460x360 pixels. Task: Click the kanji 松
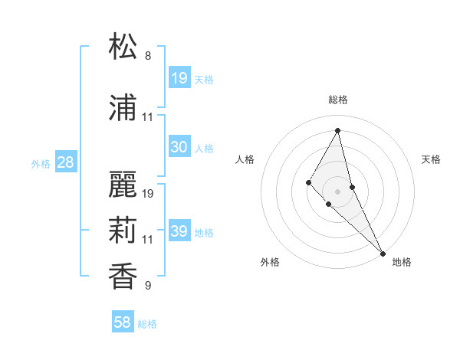point(124,47)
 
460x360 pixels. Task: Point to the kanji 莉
point(124,231)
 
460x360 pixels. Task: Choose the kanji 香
point(124,277)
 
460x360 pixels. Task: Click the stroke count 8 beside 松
point(147,56)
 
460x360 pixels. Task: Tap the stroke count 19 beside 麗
point(149,194)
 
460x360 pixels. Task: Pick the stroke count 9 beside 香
point(147,286)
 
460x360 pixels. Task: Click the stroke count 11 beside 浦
point(148,117)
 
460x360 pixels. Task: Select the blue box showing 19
point(179,77)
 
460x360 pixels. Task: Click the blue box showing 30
point(179,147)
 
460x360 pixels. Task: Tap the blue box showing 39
point(179,231)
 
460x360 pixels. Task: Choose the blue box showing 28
point(65,162)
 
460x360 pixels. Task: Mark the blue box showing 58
point(123,322)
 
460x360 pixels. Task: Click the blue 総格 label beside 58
point(147,324)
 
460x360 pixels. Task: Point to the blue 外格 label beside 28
point(40,164)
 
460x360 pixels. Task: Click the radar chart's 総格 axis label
point(337,100)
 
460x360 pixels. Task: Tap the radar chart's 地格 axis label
point(402,262)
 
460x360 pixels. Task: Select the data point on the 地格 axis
point(383,253)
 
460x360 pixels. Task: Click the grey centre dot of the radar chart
point(337,191)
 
